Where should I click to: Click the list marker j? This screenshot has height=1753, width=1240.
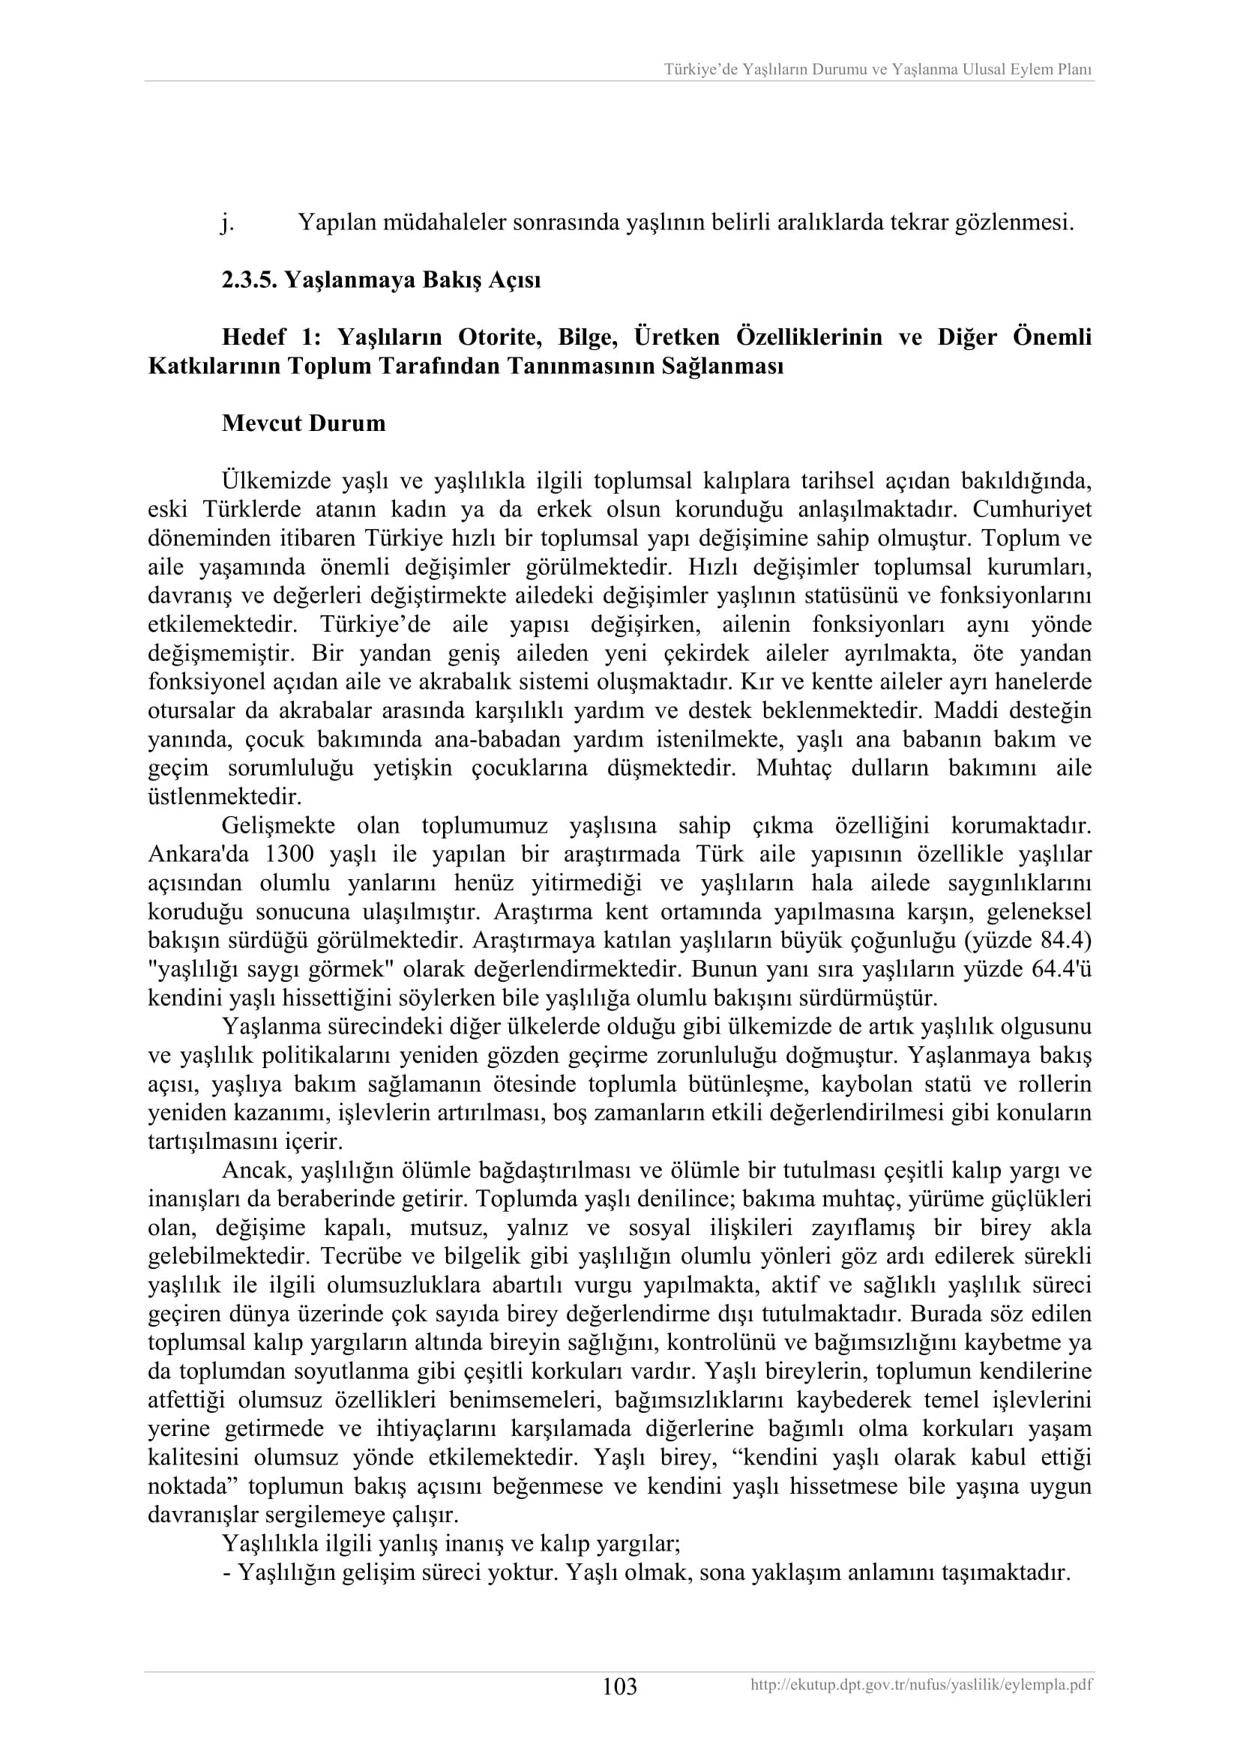pyautogui.click(x=226, y=223)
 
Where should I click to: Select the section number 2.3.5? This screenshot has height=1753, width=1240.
pyautogui.click(x=250, y=280)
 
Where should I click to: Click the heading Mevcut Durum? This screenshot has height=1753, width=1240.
pyautogui.click(x=303, y=423)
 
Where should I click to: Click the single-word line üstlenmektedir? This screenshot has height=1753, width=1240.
pyautogui.click(x=224, y=797)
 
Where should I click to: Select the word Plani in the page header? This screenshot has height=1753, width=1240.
pyautogui.click(x=1075, y=70)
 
